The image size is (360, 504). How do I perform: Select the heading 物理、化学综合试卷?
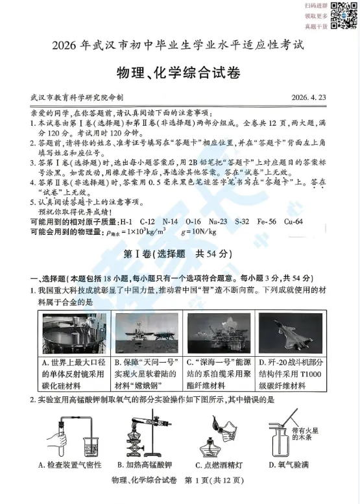click(180, 71)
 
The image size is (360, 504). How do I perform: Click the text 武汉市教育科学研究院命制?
click(71, 97)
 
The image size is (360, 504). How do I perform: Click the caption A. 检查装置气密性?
click(67, 465)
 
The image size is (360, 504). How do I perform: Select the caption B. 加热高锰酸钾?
click(145, 465)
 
